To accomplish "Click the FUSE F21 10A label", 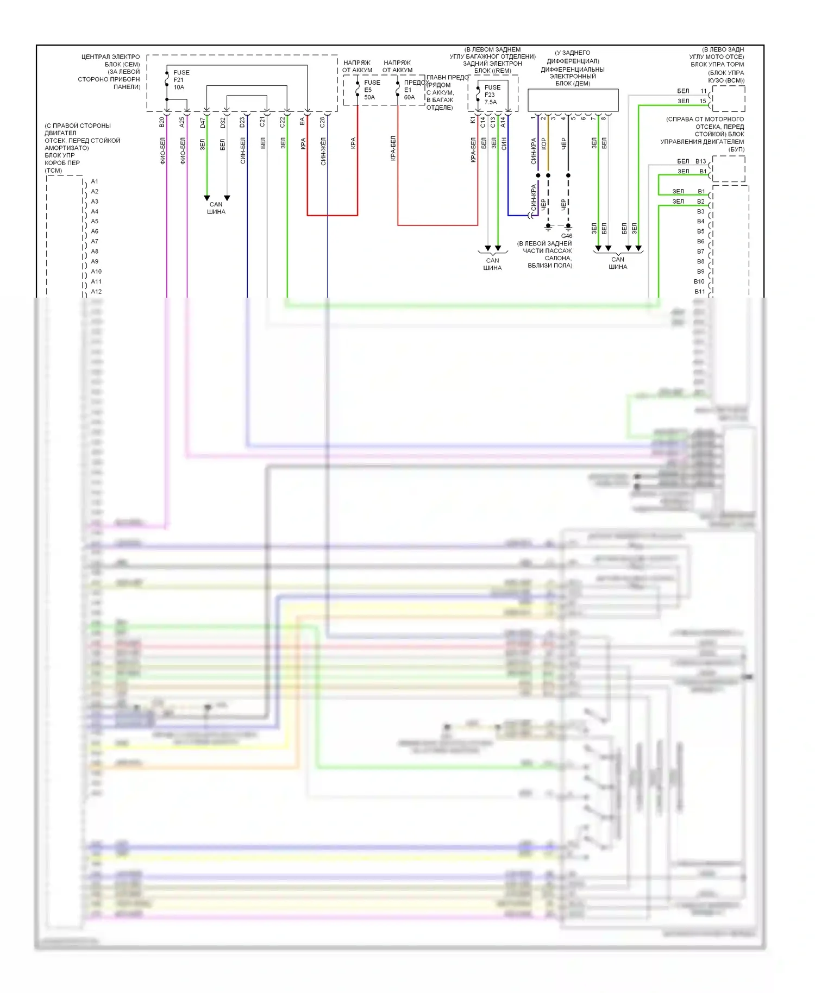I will click(x=181, y=80).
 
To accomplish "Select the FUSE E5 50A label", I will click(x=372, y=90).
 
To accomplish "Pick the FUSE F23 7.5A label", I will click(x=492, y=95).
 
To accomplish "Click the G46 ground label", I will click(x=566, y=236).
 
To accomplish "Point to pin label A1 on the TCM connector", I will click(x=95, y=181).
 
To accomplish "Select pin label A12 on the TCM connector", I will click(x=96, y=292).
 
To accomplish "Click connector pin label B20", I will click(x=162, y=122).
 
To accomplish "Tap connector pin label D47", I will click(x=203, y=123).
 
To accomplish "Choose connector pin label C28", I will click(x=322, y=122).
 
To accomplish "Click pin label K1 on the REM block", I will click(x=473, y=120).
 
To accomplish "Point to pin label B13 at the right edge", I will click(x=700, y=161).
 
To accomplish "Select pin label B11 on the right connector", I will click(x=699, y=292).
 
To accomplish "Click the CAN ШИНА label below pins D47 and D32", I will click(x=216, y=208).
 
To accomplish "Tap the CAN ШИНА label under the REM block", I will click(x=492, y=264).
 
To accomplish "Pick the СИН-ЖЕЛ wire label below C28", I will click(x=323, y=151).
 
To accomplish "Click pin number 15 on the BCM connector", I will click(x=703, y=101).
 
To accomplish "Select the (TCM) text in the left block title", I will click(x=53, y=171).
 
